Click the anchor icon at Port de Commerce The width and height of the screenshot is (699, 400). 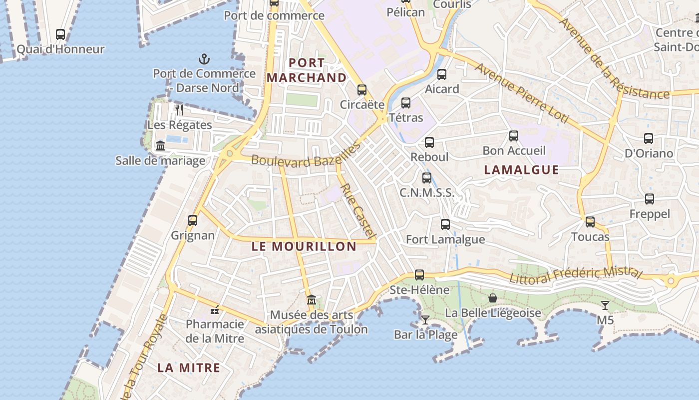coord(204,59)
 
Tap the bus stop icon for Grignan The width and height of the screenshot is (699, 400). coord(193,220)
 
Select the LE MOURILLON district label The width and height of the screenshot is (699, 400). coord(304,246)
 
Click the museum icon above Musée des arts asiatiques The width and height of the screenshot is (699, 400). coord(312,300)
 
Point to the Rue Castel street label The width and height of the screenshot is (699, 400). coord(357,210)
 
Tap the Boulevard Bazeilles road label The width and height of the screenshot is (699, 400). coord(306,155)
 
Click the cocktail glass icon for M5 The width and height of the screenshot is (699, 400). coord(605,305)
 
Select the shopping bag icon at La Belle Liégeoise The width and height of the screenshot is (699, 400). coord(493,298)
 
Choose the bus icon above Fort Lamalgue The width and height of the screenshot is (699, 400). coord(445,224)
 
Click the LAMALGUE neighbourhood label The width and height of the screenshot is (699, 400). coord(521,169)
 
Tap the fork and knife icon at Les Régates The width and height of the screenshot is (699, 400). coord(179,109)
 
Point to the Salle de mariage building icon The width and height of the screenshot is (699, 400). coord(160,145)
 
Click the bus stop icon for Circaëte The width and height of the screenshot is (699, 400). coord(362,90)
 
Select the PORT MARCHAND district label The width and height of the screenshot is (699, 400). coord(307,70)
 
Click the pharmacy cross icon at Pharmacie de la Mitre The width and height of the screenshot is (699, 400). coord(215,310)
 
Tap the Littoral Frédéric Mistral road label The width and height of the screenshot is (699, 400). coord(575,274)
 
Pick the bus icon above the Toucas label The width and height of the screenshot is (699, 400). coord(590,221)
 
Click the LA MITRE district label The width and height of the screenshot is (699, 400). coord(189,367)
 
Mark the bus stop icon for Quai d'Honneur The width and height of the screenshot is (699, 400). coord(60,34)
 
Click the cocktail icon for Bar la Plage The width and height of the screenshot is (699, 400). coord(425,319)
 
